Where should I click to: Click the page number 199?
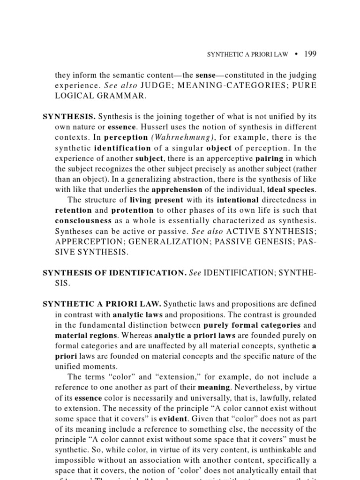310,54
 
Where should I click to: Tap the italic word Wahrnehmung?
174,138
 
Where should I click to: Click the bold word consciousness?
83,220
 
